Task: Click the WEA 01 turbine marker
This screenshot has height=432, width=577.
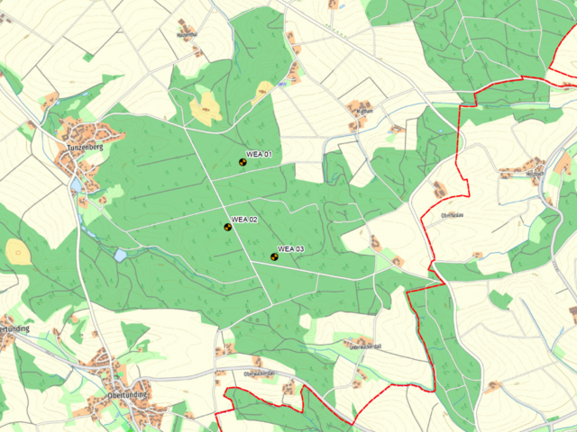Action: (242, 163)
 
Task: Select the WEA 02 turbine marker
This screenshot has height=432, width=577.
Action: (227, 227)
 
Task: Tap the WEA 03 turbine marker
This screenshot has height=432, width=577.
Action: (274, 256)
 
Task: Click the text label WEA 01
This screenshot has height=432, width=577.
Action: (259, 155)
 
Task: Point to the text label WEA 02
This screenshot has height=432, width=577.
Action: (244, 220)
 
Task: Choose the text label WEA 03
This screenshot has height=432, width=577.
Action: (291, 248)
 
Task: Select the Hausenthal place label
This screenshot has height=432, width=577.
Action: (188, 35)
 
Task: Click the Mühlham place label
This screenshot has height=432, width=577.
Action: (364, 108)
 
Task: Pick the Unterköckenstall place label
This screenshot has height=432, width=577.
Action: (366, 343)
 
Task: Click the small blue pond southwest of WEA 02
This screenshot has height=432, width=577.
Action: (120, 255)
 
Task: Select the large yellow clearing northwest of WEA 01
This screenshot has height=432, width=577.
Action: (206, 109)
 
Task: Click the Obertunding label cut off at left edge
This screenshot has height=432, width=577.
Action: (14, 328)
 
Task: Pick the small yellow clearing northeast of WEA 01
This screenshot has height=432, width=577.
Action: (264, 88)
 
